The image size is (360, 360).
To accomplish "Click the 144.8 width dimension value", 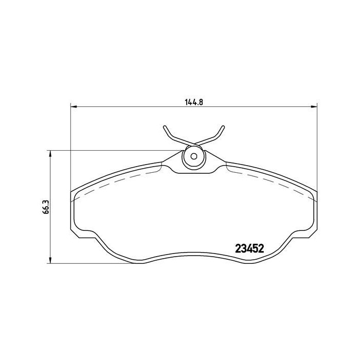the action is click(194, 102).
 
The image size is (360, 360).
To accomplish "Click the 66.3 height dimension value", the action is click(46, 207).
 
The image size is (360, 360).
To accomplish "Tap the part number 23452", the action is click(250, 248).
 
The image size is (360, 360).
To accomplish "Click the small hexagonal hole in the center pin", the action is click(194, 156).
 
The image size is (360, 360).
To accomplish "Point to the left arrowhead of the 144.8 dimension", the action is click(74, 106).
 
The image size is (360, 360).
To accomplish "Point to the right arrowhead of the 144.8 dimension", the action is click(314, 106).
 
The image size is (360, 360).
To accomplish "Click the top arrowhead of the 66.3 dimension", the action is click(50, 154).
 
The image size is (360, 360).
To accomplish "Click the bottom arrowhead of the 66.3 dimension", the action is click(50, 260).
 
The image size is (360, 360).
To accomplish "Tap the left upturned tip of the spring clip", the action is click(165, 127).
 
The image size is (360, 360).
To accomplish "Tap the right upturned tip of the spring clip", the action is click(223, 127).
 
